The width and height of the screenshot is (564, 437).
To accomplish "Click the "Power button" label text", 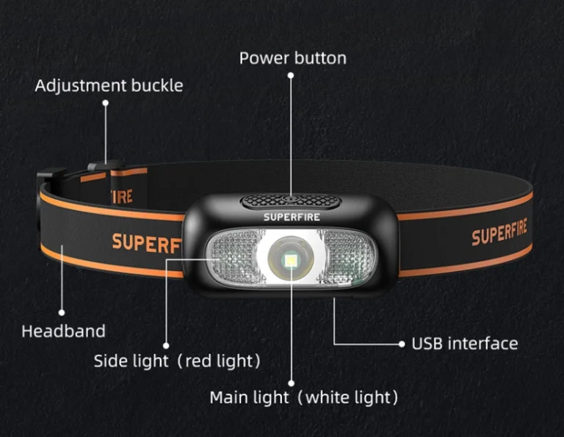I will click(x=292, y=58).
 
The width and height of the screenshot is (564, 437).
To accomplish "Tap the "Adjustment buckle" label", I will click(x=109, y=85).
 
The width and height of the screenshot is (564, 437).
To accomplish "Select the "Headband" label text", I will click(x=63, y=331).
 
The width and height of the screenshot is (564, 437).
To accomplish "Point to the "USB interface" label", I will click(x=464, y=343).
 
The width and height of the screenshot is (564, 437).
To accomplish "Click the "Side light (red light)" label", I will click(x=177, y=361).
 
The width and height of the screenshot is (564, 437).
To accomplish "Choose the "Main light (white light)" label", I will click(x=303, y=398).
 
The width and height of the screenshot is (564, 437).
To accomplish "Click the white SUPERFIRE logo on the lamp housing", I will click(x=292, y=217).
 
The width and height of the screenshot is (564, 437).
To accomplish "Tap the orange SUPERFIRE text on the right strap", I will click(x=499, y=232).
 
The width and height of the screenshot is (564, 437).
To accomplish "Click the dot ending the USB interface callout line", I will click(x=402, y=343).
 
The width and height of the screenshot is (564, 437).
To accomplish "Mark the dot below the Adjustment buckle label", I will click(x=105, y=104).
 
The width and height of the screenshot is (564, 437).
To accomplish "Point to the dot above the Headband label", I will click(x=62, y=311).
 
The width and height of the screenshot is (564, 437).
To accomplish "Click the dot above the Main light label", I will click(x=292, y=383).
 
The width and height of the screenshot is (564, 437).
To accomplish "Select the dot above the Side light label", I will click(x=166, y=344).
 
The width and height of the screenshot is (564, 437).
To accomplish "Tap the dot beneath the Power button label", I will click(x=290, y=74).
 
